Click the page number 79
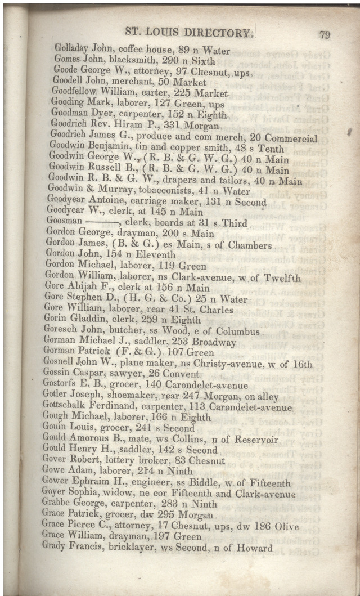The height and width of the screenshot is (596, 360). click(325, 34)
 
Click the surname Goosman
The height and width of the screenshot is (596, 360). click(65, 223)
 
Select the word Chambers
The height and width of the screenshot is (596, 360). click(249, 246)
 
